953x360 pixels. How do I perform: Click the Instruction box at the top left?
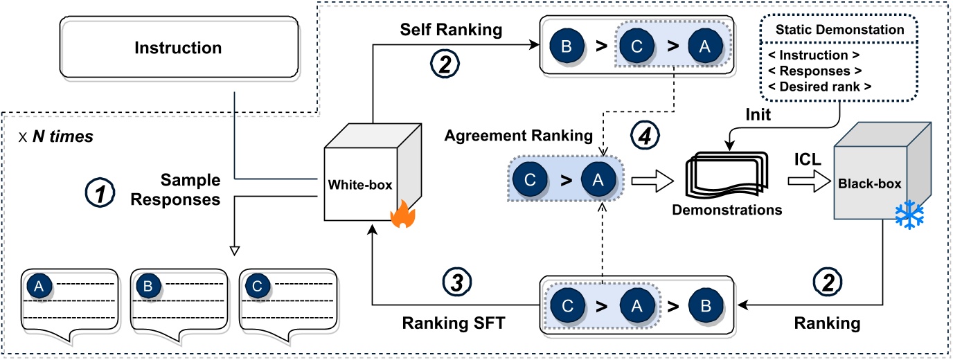(178, 48)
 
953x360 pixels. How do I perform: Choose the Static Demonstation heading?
(839, 30)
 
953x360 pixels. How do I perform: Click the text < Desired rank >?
(839, 87)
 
